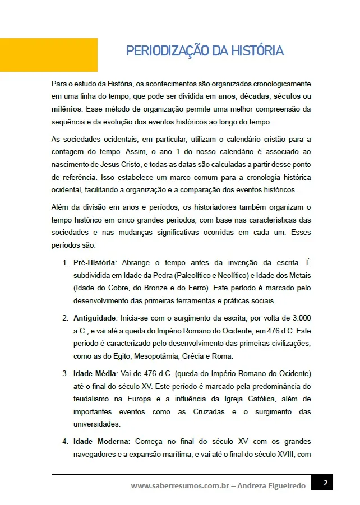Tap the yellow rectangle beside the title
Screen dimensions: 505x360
point(49,54)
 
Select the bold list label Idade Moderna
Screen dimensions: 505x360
point(100,442)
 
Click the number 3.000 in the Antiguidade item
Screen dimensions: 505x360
point(301,318)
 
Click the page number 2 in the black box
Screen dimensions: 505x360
point(325,483)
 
